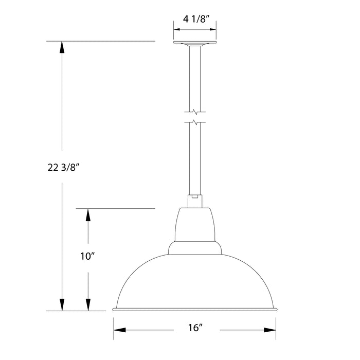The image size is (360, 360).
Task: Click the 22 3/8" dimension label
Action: (x=62, y=167)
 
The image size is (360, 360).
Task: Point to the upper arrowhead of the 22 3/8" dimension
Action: (x=62, y=47)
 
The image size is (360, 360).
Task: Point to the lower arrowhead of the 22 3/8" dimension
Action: (x=62, y=304)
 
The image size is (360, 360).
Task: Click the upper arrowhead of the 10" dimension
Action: (x=88, y=215)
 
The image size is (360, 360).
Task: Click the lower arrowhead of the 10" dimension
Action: (x=88, y=304)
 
